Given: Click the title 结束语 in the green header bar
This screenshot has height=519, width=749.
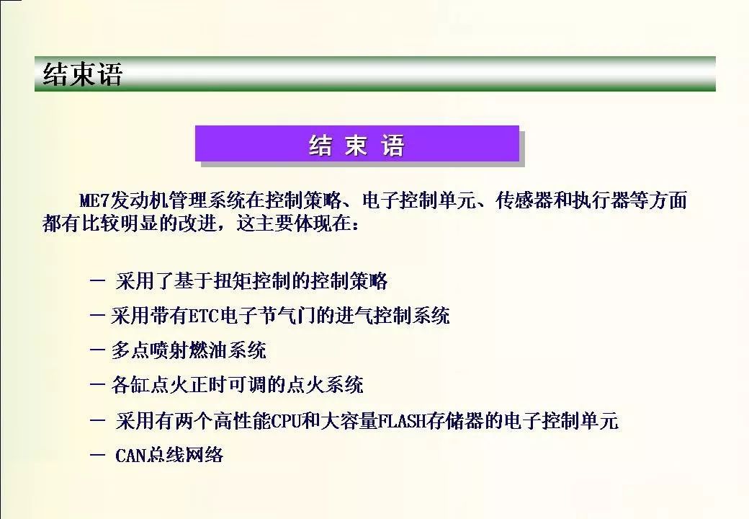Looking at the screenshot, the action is click(83, 74).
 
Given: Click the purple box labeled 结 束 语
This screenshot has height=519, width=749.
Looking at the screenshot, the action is click(356, 143).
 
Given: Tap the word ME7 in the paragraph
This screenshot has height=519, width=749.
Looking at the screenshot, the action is click(94, 200).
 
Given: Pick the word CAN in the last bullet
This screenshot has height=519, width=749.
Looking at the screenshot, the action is click(130, 455).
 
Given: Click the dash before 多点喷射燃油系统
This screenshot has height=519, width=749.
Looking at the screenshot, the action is click(97, 350).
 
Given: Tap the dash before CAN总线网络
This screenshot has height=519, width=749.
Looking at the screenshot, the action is click(97, 455).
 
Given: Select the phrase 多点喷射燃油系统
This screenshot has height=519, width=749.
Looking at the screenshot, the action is click(189, 350).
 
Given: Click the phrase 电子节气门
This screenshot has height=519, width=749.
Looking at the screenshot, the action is click(267, 316).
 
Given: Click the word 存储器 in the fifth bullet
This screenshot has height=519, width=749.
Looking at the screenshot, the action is click(455, 421).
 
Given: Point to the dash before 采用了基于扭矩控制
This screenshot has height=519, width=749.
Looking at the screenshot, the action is click(97, 281).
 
